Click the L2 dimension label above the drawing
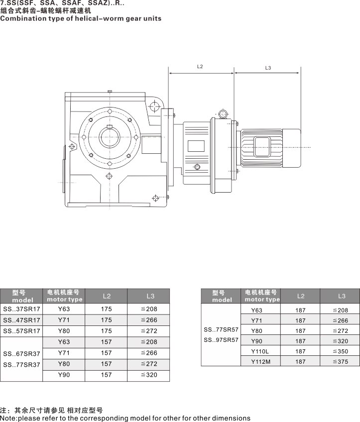[200, 66]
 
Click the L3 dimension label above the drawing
[268, 68]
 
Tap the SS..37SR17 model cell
[22, 309]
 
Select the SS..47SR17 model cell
[22, 320]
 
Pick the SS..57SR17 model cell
[22, 331]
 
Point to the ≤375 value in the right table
[341, 362]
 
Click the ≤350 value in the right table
[341, 351]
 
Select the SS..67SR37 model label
[22, 353]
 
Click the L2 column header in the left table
[107, 297]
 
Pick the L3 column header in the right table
[342, 296]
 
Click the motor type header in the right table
[262, 296]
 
